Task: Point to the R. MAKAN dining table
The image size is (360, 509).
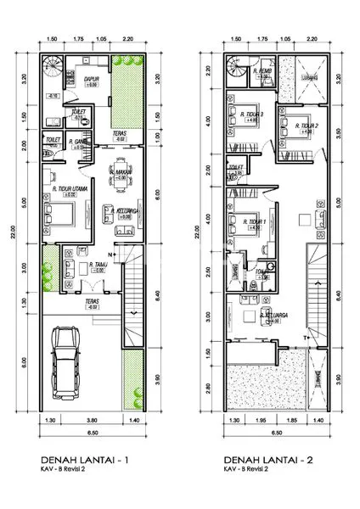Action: point(121,171)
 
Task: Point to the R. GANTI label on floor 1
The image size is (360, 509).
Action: point(81,141)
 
